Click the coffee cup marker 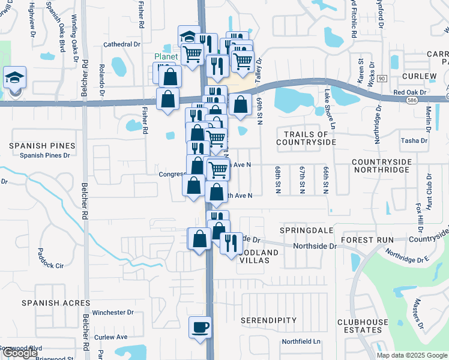pos(200,328)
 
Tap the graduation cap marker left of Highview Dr pos(14,78)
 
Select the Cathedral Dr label pos(121,44)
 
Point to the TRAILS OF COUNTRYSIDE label pos(306,138)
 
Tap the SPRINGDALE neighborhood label pos(307,230)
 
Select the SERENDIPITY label pos(269,320)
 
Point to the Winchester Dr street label pos(113,313)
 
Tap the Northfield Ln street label pos(302,341)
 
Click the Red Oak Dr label pos(410,92)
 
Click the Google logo pos(20,353)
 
